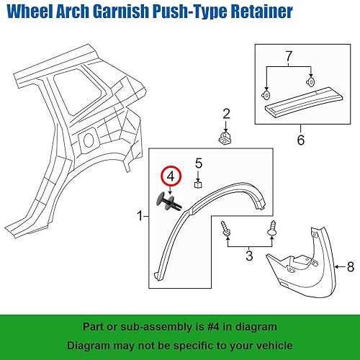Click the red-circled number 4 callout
(170, 176)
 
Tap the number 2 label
(226, 113)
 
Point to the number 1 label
(141, 216)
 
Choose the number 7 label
(289, 56)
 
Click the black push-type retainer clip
(168, 200)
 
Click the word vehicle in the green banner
(273, 345)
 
